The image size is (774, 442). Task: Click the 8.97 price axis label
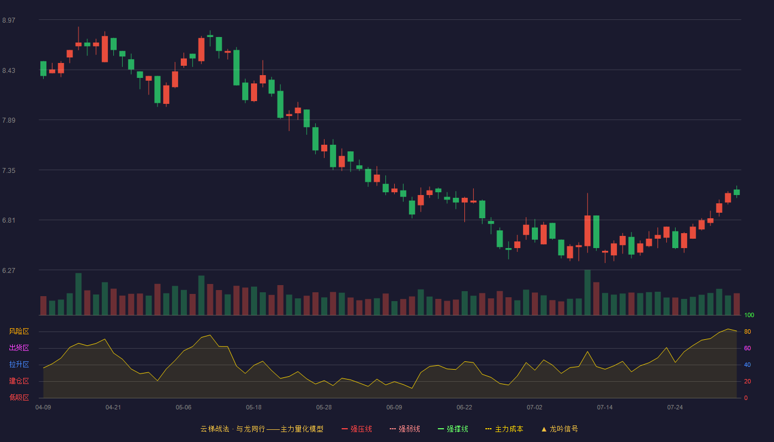(9, 20)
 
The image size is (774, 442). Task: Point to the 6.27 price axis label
(9, 270)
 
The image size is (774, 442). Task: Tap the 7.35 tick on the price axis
(9, 171)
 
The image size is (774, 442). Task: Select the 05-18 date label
(254, 408)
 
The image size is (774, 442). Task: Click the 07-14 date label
(605, 408)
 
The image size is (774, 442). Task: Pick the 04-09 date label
(43, 408)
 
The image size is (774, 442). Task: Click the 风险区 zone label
(19, 331)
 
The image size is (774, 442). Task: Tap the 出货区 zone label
(19, 348)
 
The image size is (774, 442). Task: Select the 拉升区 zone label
(19, 364)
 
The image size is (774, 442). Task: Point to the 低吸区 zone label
(19, 397)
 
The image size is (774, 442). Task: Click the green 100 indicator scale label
(749, 315)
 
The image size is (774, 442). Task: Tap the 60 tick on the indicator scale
(747, 348)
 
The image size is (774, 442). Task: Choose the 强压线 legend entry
(357, 429)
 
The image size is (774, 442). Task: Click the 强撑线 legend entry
(453, 429)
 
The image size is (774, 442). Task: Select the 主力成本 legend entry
(504, 429)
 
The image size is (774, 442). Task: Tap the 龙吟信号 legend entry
(559, 429)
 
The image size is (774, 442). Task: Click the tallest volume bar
(587, 292)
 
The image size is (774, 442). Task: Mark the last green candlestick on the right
(736, 192)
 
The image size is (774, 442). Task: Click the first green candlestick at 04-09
(43, 69)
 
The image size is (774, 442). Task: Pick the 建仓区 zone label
(19, 381)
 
